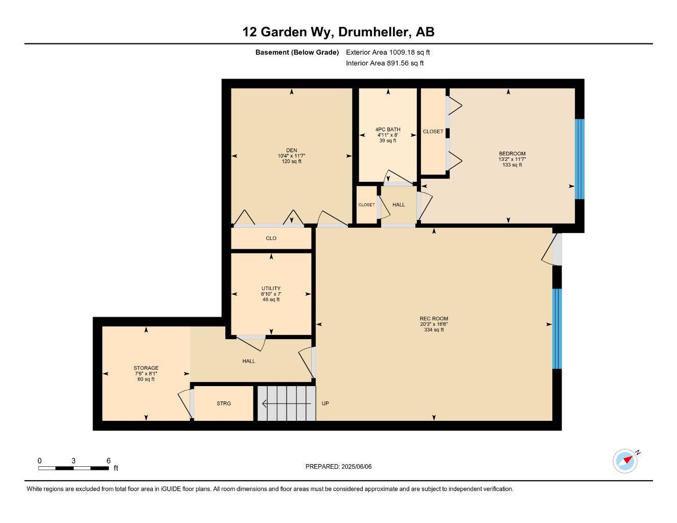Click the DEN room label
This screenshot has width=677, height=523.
291,150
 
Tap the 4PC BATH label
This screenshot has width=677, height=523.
388,129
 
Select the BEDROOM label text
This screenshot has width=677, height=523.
512,154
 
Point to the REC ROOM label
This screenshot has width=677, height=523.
434,319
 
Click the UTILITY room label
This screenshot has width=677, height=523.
271,289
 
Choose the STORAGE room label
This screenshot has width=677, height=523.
146,368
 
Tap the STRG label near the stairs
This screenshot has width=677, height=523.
224,403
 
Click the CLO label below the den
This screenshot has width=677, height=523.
271,239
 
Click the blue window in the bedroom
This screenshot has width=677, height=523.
579,159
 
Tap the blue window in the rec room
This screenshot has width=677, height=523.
557,328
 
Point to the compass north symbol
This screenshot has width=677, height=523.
625,461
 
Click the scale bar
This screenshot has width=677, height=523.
74,468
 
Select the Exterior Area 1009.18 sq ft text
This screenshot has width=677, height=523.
388,52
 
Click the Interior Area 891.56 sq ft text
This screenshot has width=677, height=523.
385,63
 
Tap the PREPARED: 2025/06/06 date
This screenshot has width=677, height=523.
338,466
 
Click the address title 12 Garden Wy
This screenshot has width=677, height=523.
338,32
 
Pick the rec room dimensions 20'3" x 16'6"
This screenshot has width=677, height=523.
434,324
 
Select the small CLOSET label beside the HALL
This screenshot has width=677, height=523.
366,205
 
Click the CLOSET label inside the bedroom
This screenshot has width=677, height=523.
433,131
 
